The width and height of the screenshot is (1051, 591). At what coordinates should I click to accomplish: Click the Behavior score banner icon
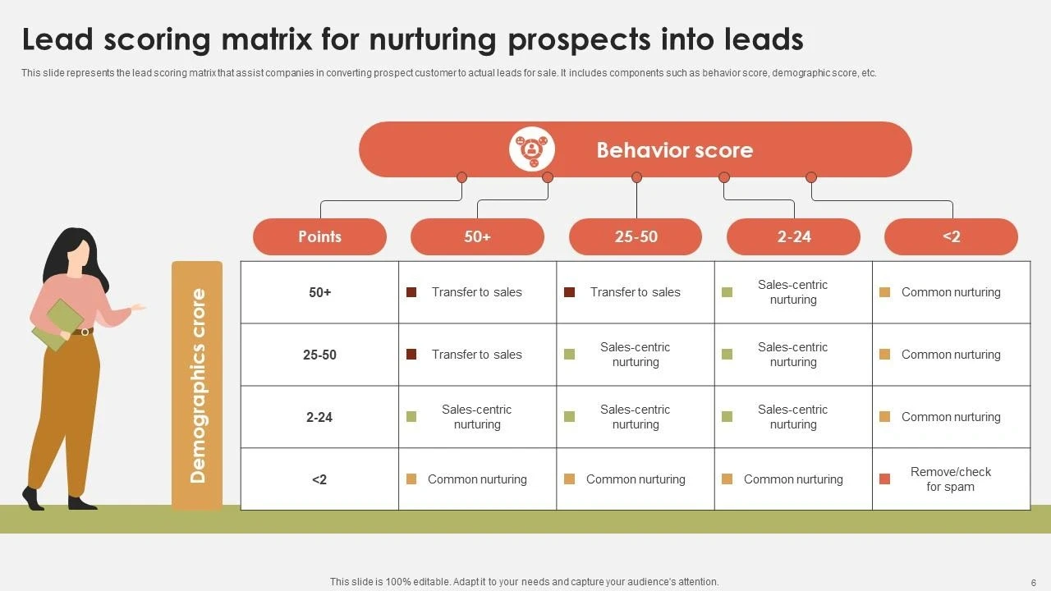click(x=532, y=149)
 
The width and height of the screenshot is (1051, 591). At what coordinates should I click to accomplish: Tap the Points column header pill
click(x=319, y=236)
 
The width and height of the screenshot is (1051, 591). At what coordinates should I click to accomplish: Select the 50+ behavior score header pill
click(x=477, y=236)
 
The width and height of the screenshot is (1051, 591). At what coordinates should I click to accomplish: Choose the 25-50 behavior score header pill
click(x=636, y=236)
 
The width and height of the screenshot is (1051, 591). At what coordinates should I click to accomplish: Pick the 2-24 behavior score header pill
click(x=793, y=236)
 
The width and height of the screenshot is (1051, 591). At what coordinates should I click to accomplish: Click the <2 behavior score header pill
click(x=951, y=236)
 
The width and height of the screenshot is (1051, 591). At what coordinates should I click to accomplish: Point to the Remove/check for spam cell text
click(x=950, y=479)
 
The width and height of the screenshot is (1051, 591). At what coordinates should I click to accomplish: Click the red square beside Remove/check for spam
click(x=884, y=479)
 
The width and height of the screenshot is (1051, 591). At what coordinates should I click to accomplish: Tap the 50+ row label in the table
click(x=319, y=292)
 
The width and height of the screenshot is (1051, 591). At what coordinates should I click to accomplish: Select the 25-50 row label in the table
click(x=319, y=355)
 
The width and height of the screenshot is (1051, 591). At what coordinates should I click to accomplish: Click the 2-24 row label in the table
click(x=319, y=417)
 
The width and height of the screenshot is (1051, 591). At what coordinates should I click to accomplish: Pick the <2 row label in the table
click(x=319, y=479)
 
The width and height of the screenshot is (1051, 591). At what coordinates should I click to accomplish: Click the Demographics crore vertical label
click(x=197, y=385)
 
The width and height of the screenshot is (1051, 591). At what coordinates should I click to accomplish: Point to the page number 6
click(x=1033, y=582)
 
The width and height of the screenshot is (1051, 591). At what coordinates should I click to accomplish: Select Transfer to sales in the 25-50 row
click(x=476, y=355)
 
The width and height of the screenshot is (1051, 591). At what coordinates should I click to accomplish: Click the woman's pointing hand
click(x=138, y=308)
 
